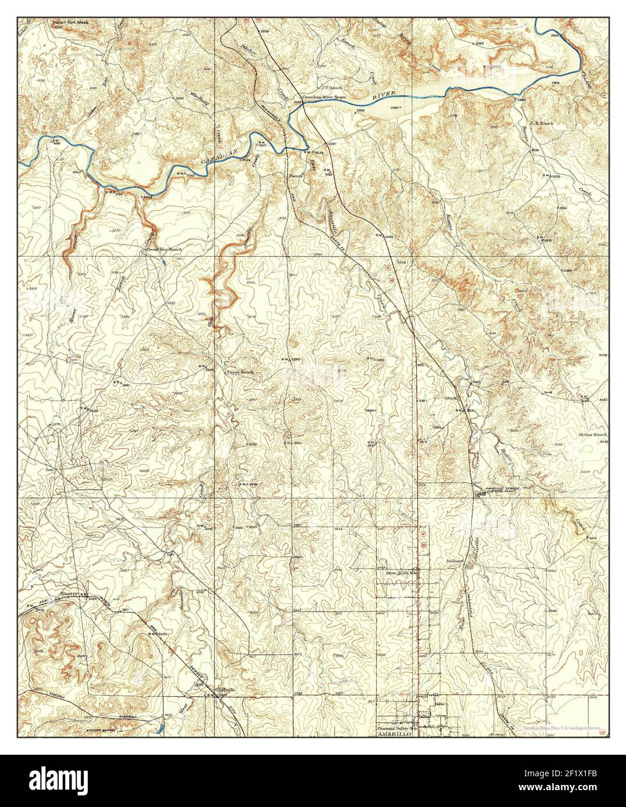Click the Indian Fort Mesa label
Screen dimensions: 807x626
click(73, 8)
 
